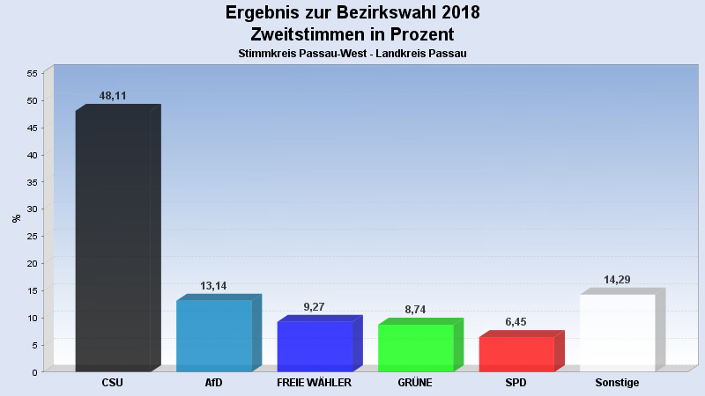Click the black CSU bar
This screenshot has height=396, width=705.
113,240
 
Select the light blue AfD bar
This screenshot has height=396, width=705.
214,335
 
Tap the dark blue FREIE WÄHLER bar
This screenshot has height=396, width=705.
315,346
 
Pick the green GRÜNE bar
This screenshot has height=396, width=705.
415,348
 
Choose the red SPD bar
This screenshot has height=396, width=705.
516,354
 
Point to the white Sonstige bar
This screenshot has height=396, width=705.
617,333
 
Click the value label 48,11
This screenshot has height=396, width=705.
113,96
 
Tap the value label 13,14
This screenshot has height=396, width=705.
214,286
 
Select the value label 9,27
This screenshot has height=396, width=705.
315,307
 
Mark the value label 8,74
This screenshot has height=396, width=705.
415,310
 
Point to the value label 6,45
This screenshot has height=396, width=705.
516,322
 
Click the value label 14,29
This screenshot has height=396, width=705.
617,280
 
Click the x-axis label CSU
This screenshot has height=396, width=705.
113,383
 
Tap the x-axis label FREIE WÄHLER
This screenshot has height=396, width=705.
315,383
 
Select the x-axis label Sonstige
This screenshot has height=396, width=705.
617,383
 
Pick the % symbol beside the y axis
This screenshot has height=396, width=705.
16,218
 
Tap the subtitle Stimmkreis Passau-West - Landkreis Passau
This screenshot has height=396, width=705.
352,54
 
